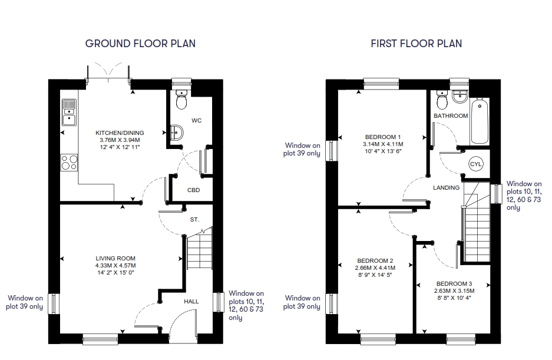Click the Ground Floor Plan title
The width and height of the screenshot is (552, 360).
point(140,44)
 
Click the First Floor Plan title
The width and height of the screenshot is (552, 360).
point(416,44)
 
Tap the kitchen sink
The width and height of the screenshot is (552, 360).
point(69,113)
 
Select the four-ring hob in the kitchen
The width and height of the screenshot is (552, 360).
point(69,163)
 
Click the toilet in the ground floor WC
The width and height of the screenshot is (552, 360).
point(181,99)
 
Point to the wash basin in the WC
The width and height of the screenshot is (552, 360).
point(176,133)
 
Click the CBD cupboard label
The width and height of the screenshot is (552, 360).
point(193,190)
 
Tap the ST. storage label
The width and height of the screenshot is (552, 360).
point(194,219)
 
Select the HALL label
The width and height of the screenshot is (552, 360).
point(191,302)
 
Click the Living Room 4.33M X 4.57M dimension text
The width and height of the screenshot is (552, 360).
point(115,266)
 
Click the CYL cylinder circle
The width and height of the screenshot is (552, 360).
point(475,164)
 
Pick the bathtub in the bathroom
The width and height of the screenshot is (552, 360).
point(480,121)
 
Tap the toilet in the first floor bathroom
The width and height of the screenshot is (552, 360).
point(442,100)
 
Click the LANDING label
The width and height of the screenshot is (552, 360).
point(446,188)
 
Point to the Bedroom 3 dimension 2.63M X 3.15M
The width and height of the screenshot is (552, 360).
point(454,291)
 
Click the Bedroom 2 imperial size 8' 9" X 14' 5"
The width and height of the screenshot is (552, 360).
point(375,275)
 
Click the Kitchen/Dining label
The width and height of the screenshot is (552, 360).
point(120,133)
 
